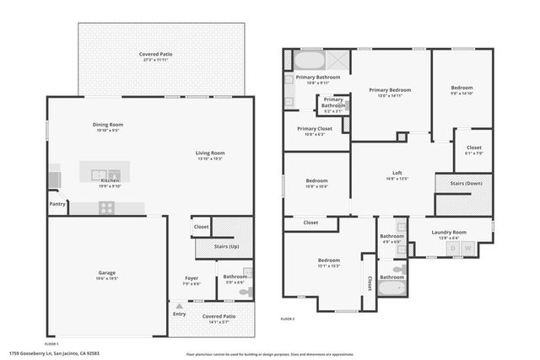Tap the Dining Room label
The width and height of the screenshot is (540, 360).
(x=108, y=125)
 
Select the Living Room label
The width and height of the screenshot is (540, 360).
(x=211, y=153)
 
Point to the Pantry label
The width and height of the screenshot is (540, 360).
(x=57, y=203)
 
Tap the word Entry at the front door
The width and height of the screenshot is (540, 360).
(x=179, y=314)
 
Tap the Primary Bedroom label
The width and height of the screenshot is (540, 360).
(x=389, y=89)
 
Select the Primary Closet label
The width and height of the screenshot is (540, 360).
(x=313, y=128)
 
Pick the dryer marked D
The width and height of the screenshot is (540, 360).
(x=453, y=249)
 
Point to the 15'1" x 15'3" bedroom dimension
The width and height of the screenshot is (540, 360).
(x=329, y=266)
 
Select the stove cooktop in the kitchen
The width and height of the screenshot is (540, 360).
(x=107, y=207)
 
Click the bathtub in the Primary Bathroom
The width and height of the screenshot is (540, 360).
(x=307, y=61)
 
